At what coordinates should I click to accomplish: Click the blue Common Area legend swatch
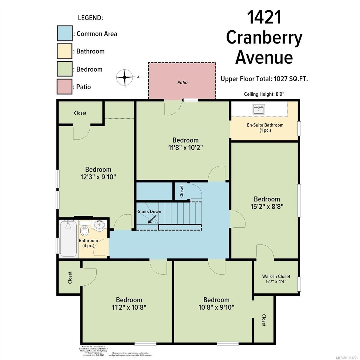pos(64,33)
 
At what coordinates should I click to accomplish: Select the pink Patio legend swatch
pos(64,87)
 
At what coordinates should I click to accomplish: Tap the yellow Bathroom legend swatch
pos(64,51)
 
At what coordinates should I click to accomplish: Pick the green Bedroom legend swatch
pos(64,69)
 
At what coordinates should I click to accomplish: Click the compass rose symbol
pos(125,77)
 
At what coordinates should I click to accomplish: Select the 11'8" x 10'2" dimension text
pos(185,148)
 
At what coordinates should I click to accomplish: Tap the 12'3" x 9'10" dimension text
pos(98,177)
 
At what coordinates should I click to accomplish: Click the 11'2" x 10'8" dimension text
pos(129,307)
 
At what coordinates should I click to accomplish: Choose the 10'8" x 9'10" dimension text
pos(216,307)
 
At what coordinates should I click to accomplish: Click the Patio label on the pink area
pos(182,82)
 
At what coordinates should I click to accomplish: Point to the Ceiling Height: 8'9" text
pos(264,94)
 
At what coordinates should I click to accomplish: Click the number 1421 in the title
pos(264,17)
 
